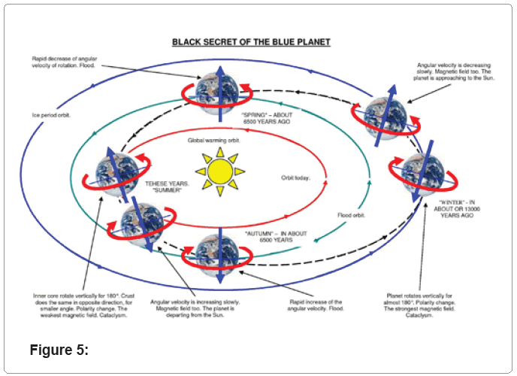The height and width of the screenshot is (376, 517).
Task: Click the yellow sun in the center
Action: (220, 171)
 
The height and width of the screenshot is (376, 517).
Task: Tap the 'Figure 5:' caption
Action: (59, 349)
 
